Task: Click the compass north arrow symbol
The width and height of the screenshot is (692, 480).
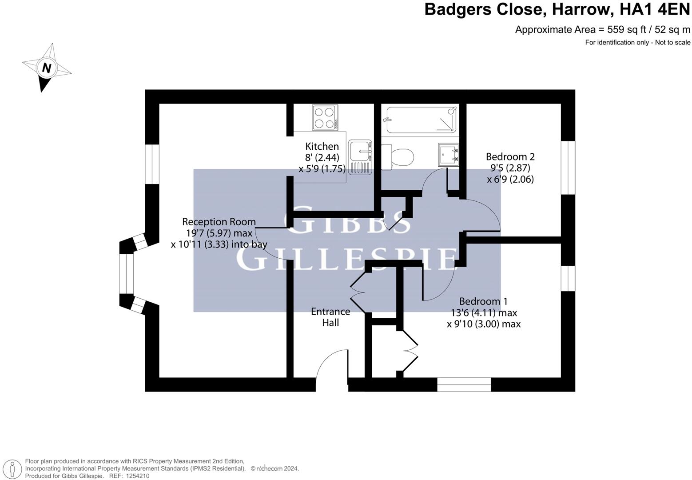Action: click(46, 68)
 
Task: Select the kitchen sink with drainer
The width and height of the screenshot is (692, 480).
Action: click(359, 157)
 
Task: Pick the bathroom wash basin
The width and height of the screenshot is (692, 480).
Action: click(449, 154)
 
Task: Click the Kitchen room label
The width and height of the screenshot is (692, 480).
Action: click(322, 146)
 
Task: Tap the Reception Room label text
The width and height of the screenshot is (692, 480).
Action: click(219, 222)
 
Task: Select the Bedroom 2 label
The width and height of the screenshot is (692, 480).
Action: click(510, 156)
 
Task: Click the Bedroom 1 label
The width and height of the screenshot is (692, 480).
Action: click(483, 301)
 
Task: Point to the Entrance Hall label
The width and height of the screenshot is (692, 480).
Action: click(330, 317)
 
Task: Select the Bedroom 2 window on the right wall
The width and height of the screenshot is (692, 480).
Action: click(568, 168)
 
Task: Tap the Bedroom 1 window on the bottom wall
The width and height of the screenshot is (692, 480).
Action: click(464, 384)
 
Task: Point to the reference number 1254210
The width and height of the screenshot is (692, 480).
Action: click(137, 476)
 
